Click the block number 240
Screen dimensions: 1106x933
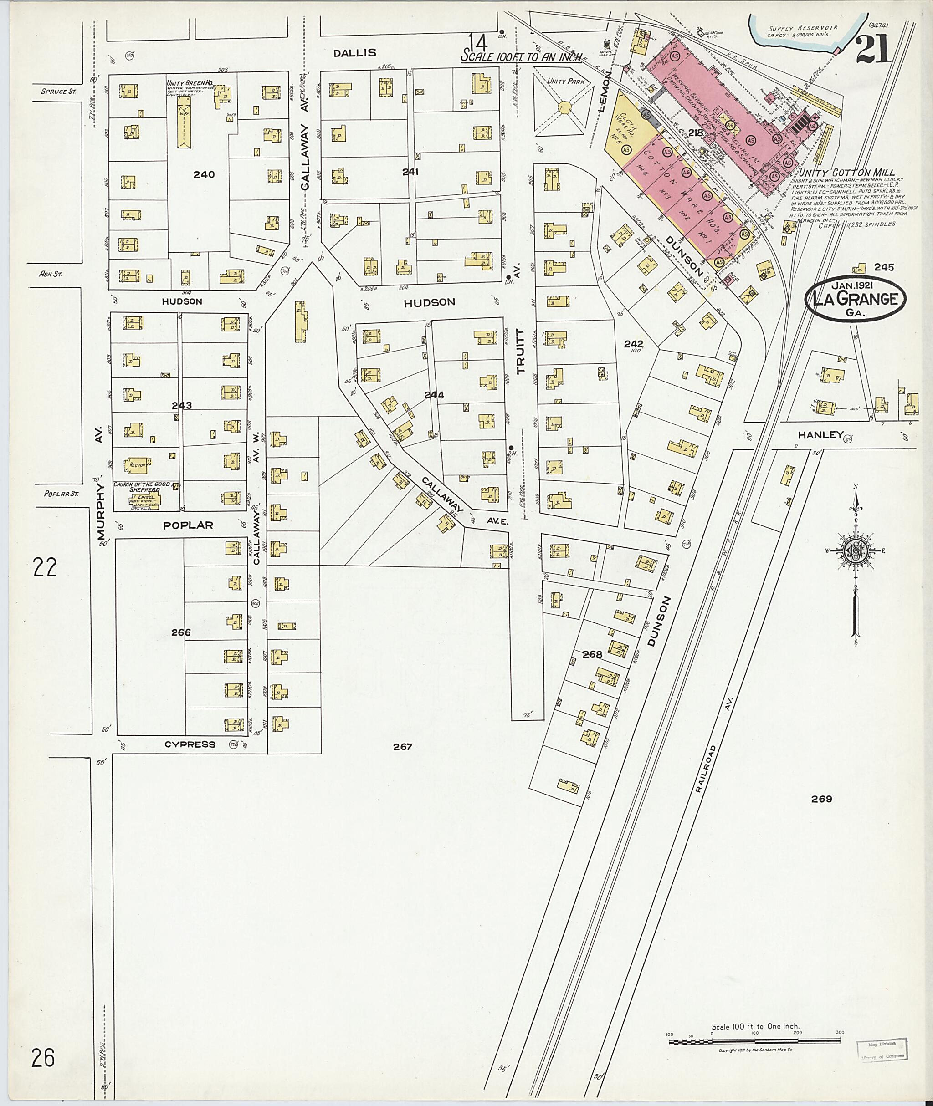(x=204, y=174)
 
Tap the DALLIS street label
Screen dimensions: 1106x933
(x=355, y=53)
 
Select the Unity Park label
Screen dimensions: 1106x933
(x=566, y=82)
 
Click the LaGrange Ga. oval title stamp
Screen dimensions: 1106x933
(x=855, y=300)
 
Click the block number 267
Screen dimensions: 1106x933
(x=403, y=746)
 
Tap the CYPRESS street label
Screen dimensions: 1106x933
(x=190, y=744)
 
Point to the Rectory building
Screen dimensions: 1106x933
(x=138, y=466)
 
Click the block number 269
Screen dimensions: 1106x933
(x=821, y=814)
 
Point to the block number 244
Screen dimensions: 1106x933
(x=434, y=395)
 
